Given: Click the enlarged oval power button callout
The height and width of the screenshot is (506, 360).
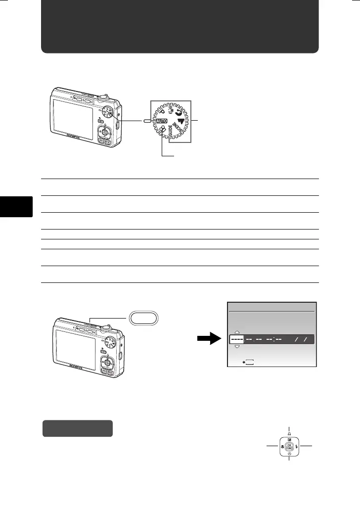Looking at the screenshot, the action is point(143,317).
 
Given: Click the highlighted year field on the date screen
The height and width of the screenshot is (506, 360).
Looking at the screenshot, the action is point(236,340).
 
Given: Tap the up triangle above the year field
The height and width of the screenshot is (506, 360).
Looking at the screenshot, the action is point(236,332).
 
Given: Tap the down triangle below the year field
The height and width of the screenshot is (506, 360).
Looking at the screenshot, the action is point(236,347).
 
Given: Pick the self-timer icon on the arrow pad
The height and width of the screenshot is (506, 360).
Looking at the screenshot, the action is point(289,454).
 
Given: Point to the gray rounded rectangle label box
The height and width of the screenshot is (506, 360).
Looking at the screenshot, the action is point(78,428).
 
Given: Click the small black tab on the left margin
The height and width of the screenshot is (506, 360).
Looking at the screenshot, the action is point(16,207).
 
